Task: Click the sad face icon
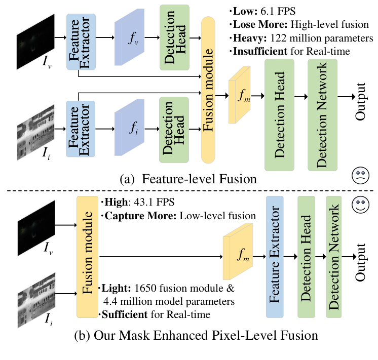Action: pyautogui.click(x=360, y=176)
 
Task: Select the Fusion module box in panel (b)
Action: pyautogui.click(x=87, y=257)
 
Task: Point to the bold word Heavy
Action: pyautogui.click(x=248, y=38)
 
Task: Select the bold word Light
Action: pyautogui.click(x=117, y=289)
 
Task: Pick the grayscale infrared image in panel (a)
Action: pyautogui.click(x=35, y=129)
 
